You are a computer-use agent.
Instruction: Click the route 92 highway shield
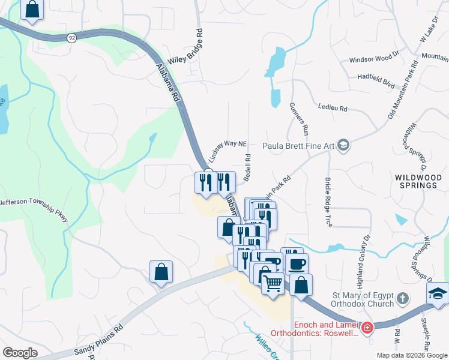72,37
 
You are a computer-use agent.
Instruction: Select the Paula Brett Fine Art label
300,145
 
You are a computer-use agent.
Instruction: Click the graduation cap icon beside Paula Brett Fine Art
343,145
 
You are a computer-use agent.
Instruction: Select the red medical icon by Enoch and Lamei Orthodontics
366,328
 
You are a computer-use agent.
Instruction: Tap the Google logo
20,353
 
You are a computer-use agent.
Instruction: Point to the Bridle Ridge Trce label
329,202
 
